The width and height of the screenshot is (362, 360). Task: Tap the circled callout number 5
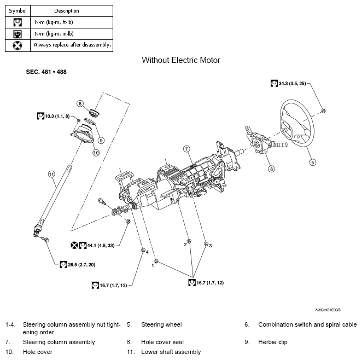point(312,162)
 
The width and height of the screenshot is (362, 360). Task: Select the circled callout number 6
point(271,169)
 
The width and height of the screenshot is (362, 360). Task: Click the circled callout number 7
point(186,148)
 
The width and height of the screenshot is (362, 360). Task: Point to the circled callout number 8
point(80,103)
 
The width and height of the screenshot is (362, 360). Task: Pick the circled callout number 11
point(51,174)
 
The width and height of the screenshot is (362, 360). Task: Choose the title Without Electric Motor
point(181,60)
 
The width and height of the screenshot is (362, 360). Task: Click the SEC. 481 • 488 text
point(46,72)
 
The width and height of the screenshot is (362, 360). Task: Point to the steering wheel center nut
point(324,111)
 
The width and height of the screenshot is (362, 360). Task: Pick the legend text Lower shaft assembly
point(171,352)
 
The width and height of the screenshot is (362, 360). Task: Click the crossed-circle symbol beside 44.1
point(74,246)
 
